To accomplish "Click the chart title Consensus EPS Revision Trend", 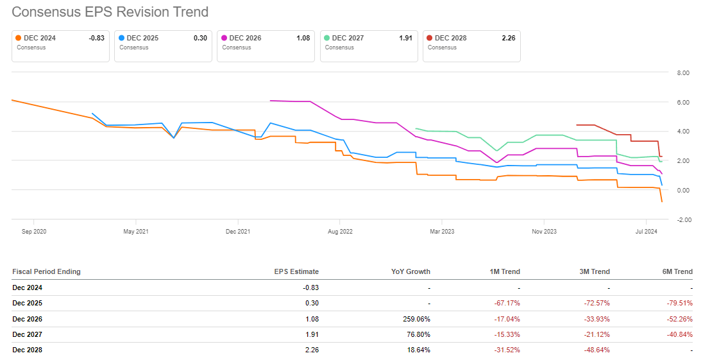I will pos(110,12).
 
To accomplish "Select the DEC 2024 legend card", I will pos(60,46).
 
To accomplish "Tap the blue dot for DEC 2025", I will pos(122,38).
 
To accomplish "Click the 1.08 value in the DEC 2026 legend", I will pos(303,38).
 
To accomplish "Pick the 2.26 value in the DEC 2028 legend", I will pos(508,38).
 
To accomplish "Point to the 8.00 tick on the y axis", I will pos(682,73).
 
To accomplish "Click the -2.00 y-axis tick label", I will pos(682,219).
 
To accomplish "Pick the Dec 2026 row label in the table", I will pos(28,318).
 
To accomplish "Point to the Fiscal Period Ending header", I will pos(46,271).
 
